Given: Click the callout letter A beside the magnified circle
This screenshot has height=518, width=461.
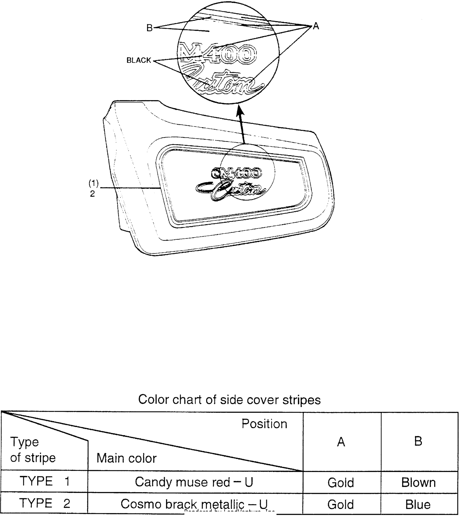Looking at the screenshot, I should (316, 26).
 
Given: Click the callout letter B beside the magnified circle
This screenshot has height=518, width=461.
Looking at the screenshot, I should (149, 28).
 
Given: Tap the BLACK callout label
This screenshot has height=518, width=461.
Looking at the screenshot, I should (139, 60).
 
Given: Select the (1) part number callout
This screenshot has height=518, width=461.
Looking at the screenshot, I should (94, 183).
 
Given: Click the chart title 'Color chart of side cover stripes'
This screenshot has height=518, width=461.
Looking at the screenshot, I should (229, 399).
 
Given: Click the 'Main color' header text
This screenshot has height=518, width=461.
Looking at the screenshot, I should (127, 458).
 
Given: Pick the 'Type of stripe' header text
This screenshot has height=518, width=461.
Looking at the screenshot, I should (33, 450).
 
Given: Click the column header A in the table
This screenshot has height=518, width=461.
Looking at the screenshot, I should (341, 442).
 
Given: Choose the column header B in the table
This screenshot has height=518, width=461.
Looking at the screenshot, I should (418, 441).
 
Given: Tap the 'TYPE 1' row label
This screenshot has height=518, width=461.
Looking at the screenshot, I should (45, 481).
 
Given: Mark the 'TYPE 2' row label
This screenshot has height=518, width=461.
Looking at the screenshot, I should (45, 503).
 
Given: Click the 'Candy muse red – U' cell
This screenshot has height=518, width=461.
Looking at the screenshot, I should (194, 482).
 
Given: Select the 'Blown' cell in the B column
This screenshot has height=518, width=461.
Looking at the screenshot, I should (418, 483).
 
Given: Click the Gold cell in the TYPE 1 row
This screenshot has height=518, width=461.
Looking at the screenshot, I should (341, 483).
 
